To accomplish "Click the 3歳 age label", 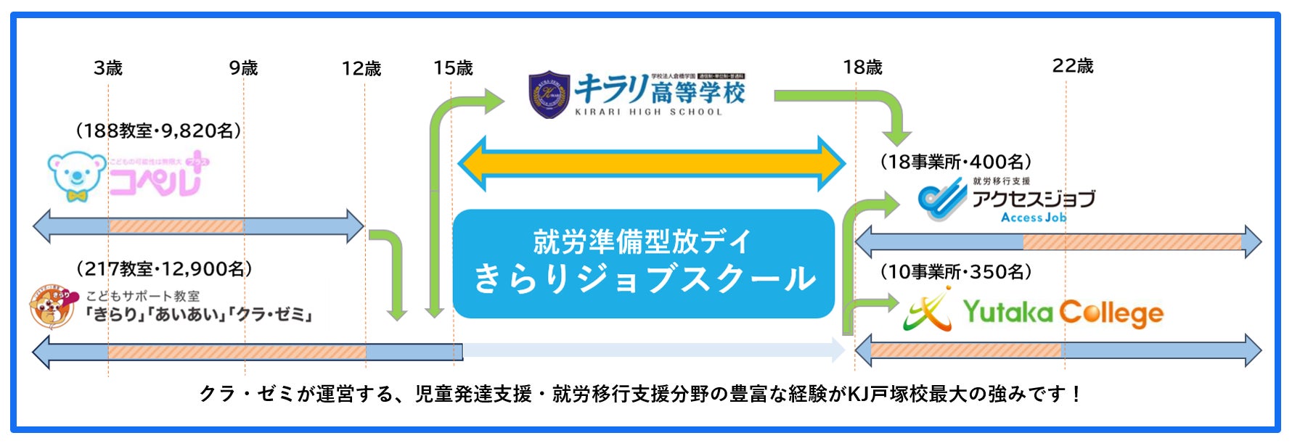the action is click(108, 68).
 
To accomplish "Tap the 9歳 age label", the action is click(244, 68).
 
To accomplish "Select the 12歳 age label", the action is click(361, 69).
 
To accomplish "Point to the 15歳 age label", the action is click(453, 68).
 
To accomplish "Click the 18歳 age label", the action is click(862, 67).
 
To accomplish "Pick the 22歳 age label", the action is click(1073, 66).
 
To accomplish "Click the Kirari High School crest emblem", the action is click(549, 94).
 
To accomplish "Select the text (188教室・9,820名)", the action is click(158, 131).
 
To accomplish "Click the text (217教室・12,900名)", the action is click(164, 269).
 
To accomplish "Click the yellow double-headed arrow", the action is click(651, 164).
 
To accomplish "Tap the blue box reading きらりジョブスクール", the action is click(643, 263).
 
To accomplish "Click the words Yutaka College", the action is click(1063, 313).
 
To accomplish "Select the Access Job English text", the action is click(1034, 218).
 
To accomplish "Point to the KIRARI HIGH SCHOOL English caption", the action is click(648, 112).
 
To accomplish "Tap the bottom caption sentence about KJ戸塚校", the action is click(641, 394).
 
